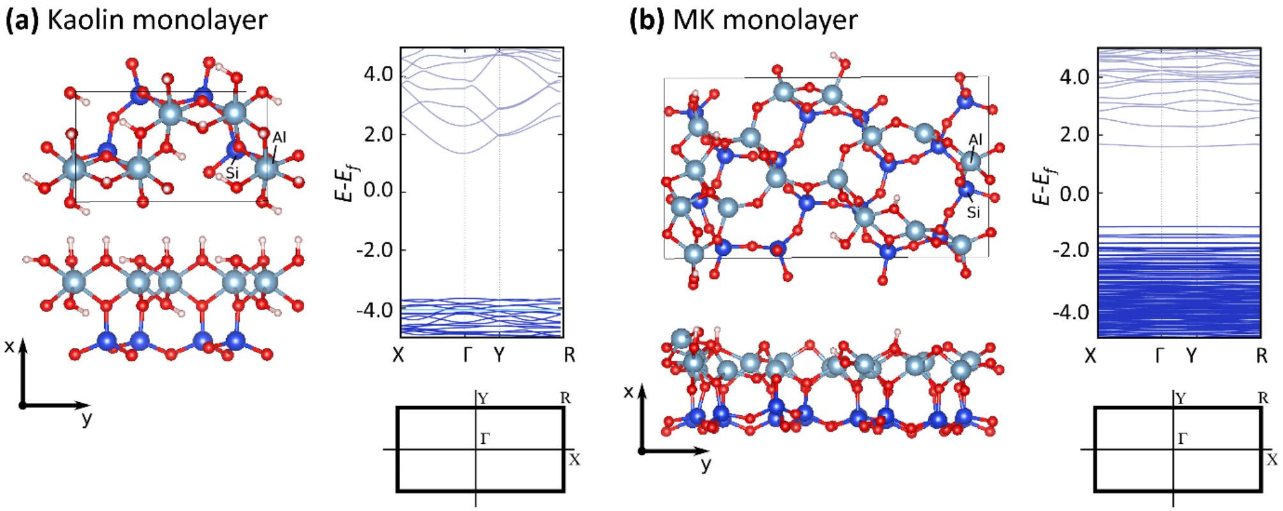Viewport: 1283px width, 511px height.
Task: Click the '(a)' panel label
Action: click(x=24, y=20)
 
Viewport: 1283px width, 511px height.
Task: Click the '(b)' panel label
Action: click(x=647, y=20)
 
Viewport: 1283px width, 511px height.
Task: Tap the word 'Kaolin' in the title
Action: click(x=86, y=20)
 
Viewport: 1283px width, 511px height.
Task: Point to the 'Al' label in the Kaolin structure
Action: click(x=279, y=138)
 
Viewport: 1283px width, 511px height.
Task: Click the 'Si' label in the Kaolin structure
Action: click(x=232, y=173)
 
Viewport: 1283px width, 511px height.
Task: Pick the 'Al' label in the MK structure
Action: click(x=975, y=140)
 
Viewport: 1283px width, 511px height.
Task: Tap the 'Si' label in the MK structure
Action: click(x=973, y=212)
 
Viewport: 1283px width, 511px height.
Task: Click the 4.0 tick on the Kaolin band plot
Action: click(x=378, y=75)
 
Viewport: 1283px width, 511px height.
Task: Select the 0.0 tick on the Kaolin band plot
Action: click(x=378, y=191)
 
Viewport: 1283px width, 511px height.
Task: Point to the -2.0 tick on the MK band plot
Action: click(x=1071, y=250)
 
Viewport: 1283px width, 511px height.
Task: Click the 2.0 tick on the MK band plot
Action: click(x=1074, y=135)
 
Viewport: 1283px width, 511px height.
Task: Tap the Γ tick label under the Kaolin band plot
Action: click(x=467, y=355)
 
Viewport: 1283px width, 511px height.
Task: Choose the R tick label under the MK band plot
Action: click(x=1261, y=356)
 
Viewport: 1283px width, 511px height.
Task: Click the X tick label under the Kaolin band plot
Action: click(x=398, y=355)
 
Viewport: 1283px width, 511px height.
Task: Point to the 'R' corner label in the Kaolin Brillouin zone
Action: click(x=565, y=398)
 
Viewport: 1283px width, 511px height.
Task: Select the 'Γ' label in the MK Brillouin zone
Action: click(x=1183, y=439)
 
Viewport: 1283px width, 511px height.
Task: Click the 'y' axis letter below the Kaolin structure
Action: click(x=87, y=419)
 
